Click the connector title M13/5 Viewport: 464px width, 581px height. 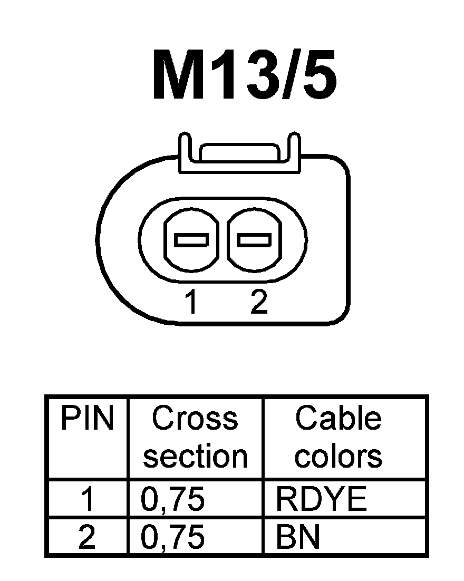pos(244,75)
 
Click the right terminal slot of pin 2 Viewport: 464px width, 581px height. pos(255,240)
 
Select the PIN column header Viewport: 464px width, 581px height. pos(87,419)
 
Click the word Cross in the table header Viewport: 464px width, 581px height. pos(195,419)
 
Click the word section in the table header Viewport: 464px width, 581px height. pos(195,456)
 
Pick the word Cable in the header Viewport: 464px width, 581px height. pos(338,419)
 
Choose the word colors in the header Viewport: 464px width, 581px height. pos(338,456)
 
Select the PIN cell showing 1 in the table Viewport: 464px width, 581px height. pos(87,499)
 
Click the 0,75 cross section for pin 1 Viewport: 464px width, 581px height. pos(173,499)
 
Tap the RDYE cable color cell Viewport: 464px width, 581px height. pos(321,499)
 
